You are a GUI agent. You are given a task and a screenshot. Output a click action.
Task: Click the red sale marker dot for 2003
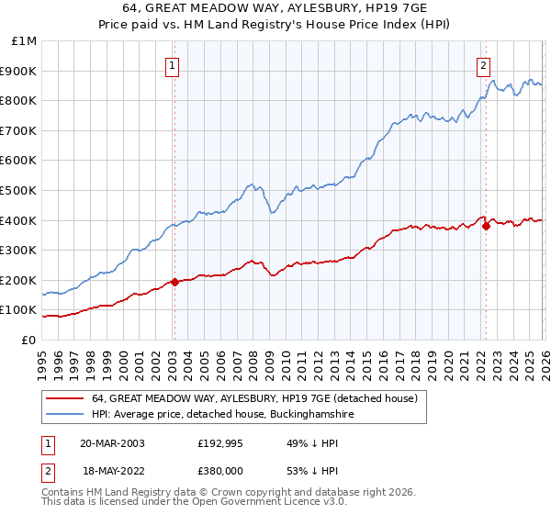coord(174,283)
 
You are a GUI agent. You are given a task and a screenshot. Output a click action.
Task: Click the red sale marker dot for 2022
coord(485,227)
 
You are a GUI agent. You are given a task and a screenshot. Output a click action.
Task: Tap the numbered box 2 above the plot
coord(483,65)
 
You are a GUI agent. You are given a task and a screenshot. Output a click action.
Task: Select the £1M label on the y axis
coord(25,40)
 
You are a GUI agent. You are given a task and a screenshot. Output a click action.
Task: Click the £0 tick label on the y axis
coord(28,340)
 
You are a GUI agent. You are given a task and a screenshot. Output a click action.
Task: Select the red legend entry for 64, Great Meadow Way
coord(254,398)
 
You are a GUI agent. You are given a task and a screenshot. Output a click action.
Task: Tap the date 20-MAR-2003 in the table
coord(112,443)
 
